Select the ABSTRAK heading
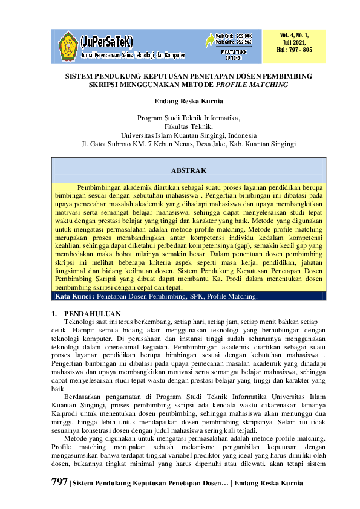click(x=189, y=171)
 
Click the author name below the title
click(x=180, y=100)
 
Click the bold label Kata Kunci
click(x=74, y=297)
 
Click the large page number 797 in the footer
click(x=60, y=483)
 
